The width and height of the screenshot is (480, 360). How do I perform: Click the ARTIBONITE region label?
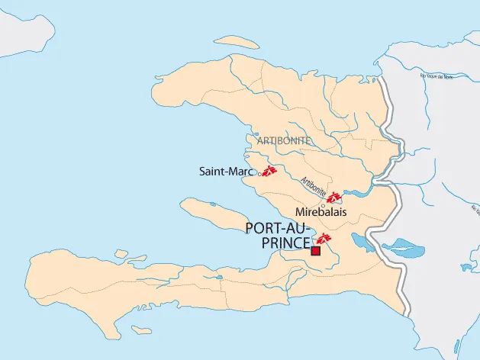click(x=284, y=141)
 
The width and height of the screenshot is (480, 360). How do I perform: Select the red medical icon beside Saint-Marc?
click(x=269, y=171)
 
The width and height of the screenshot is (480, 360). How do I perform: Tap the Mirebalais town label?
click(x=321, y=213)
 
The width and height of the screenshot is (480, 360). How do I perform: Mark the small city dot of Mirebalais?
click(x=323, y=204)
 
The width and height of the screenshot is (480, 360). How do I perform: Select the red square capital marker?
click(x=316, y=250)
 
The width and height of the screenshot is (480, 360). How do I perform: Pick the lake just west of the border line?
click(x=362, y=243)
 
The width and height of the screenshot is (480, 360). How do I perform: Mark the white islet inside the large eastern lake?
click(x=396, y=246)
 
